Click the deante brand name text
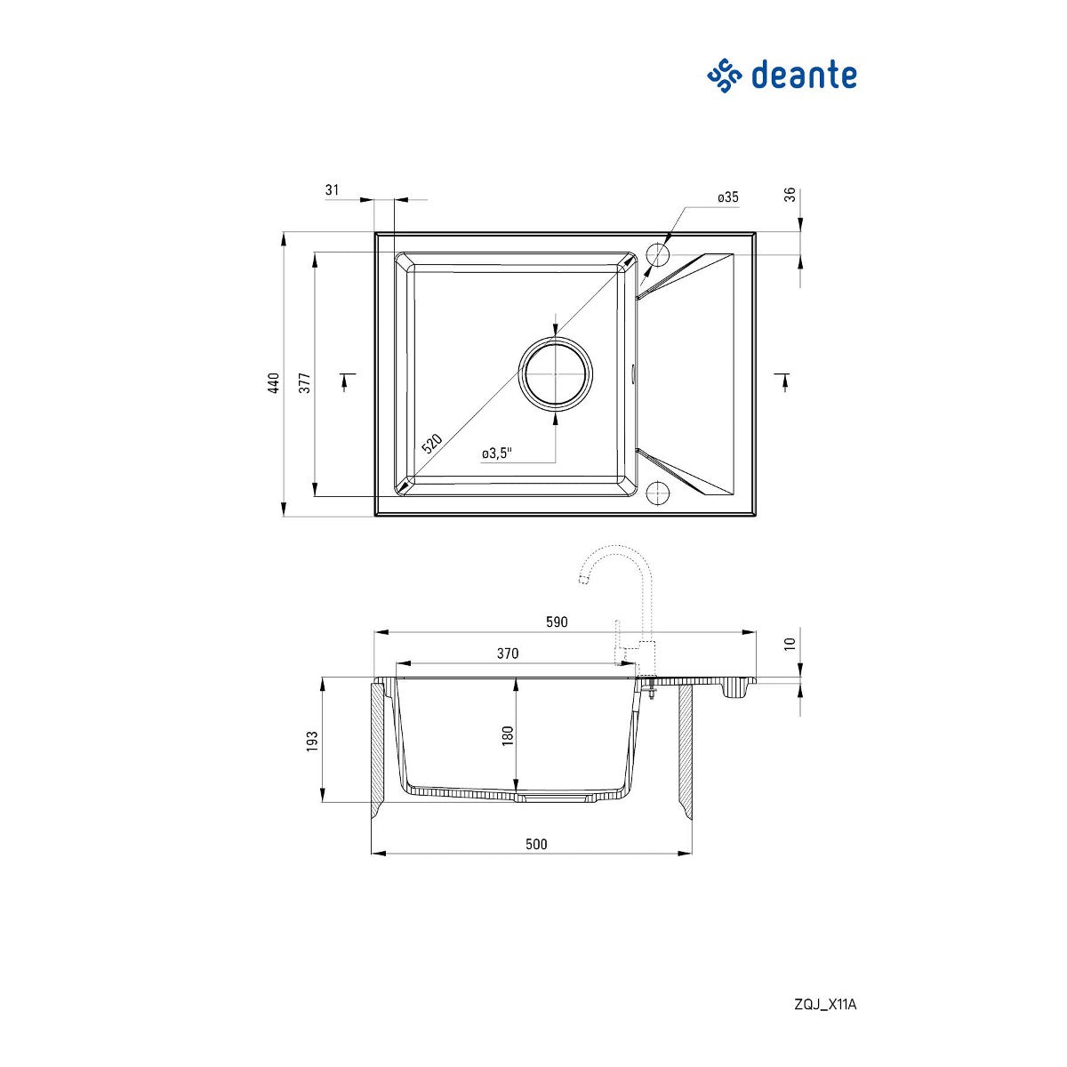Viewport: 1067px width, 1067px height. pyautogui.click(x=804, y=76)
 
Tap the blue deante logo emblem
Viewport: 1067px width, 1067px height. pyautogui.click(x=725, y=76)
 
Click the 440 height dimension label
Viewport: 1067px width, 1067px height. pyautogui.click(x=274, y=383)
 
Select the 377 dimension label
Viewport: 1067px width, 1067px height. pyautogui.click(x=305, y=383)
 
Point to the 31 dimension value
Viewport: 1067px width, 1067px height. pyautogui.click(x=332, y=190)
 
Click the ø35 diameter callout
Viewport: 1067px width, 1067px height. pyautogui.click(x=728, y=197)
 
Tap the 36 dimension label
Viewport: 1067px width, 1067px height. pyautogui.click(x=790, y=195)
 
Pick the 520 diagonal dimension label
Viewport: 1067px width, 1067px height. pyautogui.click(x=432, y=444)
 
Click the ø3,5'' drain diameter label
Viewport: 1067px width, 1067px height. pyautogui.click(x=497, y=453)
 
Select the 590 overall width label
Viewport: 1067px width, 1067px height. pyautogui.click(x=557, y=622)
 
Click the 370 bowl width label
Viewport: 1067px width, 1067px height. pyautogui.click(x=507, y=654)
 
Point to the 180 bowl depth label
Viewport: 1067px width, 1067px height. pyautogui.click(x=508, y=735)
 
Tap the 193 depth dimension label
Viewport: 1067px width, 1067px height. pyautogui.click(x=312, y=742)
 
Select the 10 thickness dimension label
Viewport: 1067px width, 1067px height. pyautogui.click(x=790, y=644)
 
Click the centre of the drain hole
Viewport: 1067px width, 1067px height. pyautogui.click(x=556, y=374)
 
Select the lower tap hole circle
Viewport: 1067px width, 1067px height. pyautogui.click(x=658, y=492)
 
